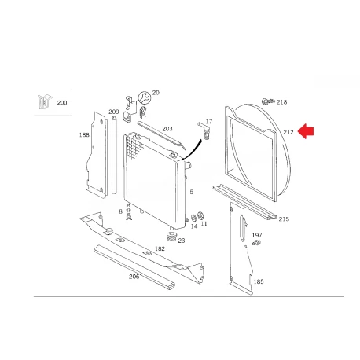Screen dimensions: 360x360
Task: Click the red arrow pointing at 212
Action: tap(306, 131)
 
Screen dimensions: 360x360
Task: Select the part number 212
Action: tap(288, 132)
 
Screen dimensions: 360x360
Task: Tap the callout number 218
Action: tap(281, 102)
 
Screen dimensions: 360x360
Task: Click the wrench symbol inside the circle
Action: tap(145, 98)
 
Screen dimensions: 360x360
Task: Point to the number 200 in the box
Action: tap(62, 103)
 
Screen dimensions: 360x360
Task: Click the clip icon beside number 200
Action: tap(44, 102)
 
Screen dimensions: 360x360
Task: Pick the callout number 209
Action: tap(114, 112)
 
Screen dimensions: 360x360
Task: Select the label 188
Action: tap(84, 135)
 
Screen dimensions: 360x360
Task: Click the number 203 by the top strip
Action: tap(167, 129)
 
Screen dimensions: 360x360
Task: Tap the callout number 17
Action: tap(209, 122)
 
